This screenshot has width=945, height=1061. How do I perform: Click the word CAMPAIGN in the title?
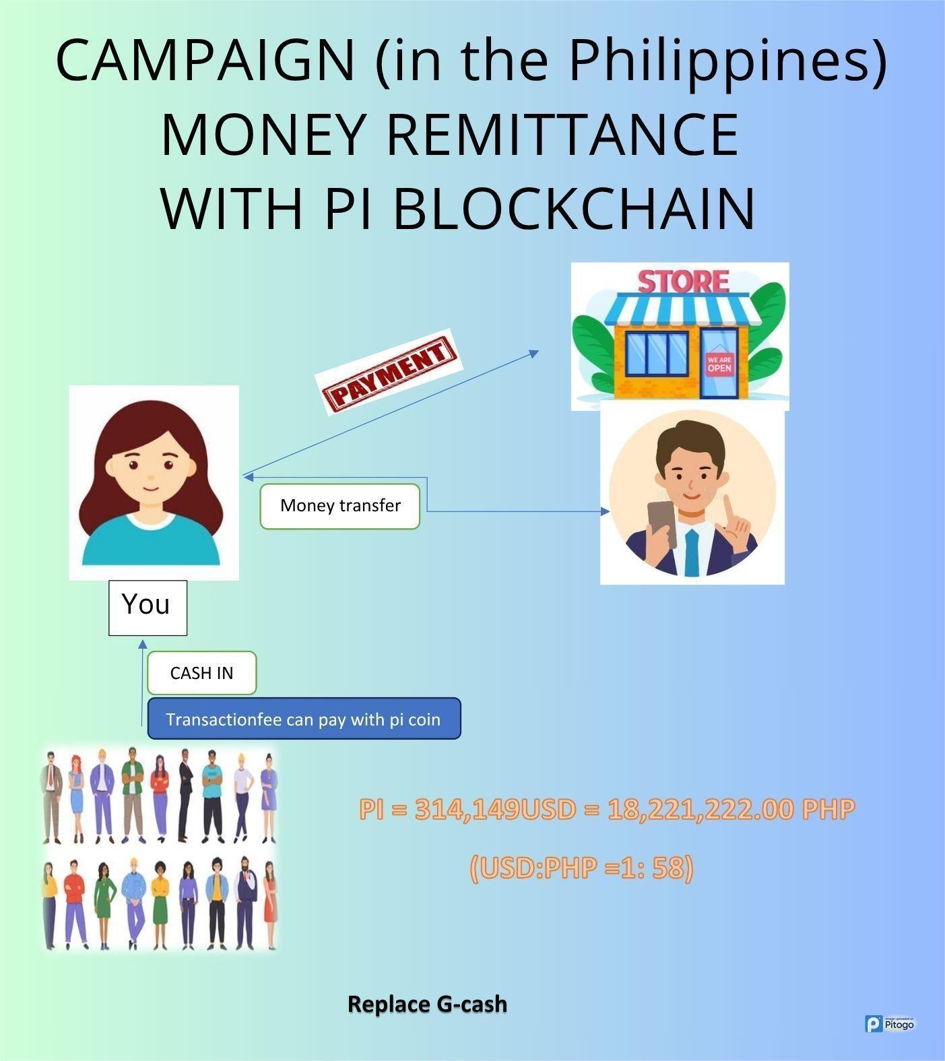[205, 60]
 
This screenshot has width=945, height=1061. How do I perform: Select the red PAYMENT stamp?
[389, 372]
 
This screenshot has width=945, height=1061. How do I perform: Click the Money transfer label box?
[340, 506]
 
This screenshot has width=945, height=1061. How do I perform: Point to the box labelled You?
[148, 607]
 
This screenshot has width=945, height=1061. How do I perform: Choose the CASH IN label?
[201, 673]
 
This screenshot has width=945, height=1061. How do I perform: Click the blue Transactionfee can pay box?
[304, 719]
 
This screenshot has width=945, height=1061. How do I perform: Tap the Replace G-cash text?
[427, 1004]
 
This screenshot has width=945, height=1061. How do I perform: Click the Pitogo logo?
[890, 1024]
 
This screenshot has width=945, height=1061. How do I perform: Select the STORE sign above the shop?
[683, 282]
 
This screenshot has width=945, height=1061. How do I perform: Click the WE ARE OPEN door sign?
[719, 364]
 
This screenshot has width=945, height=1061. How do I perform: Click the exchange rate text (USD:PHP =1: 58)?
[581, 868]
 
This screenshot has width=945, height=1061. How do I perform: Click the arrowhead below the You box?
[143, 645]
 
